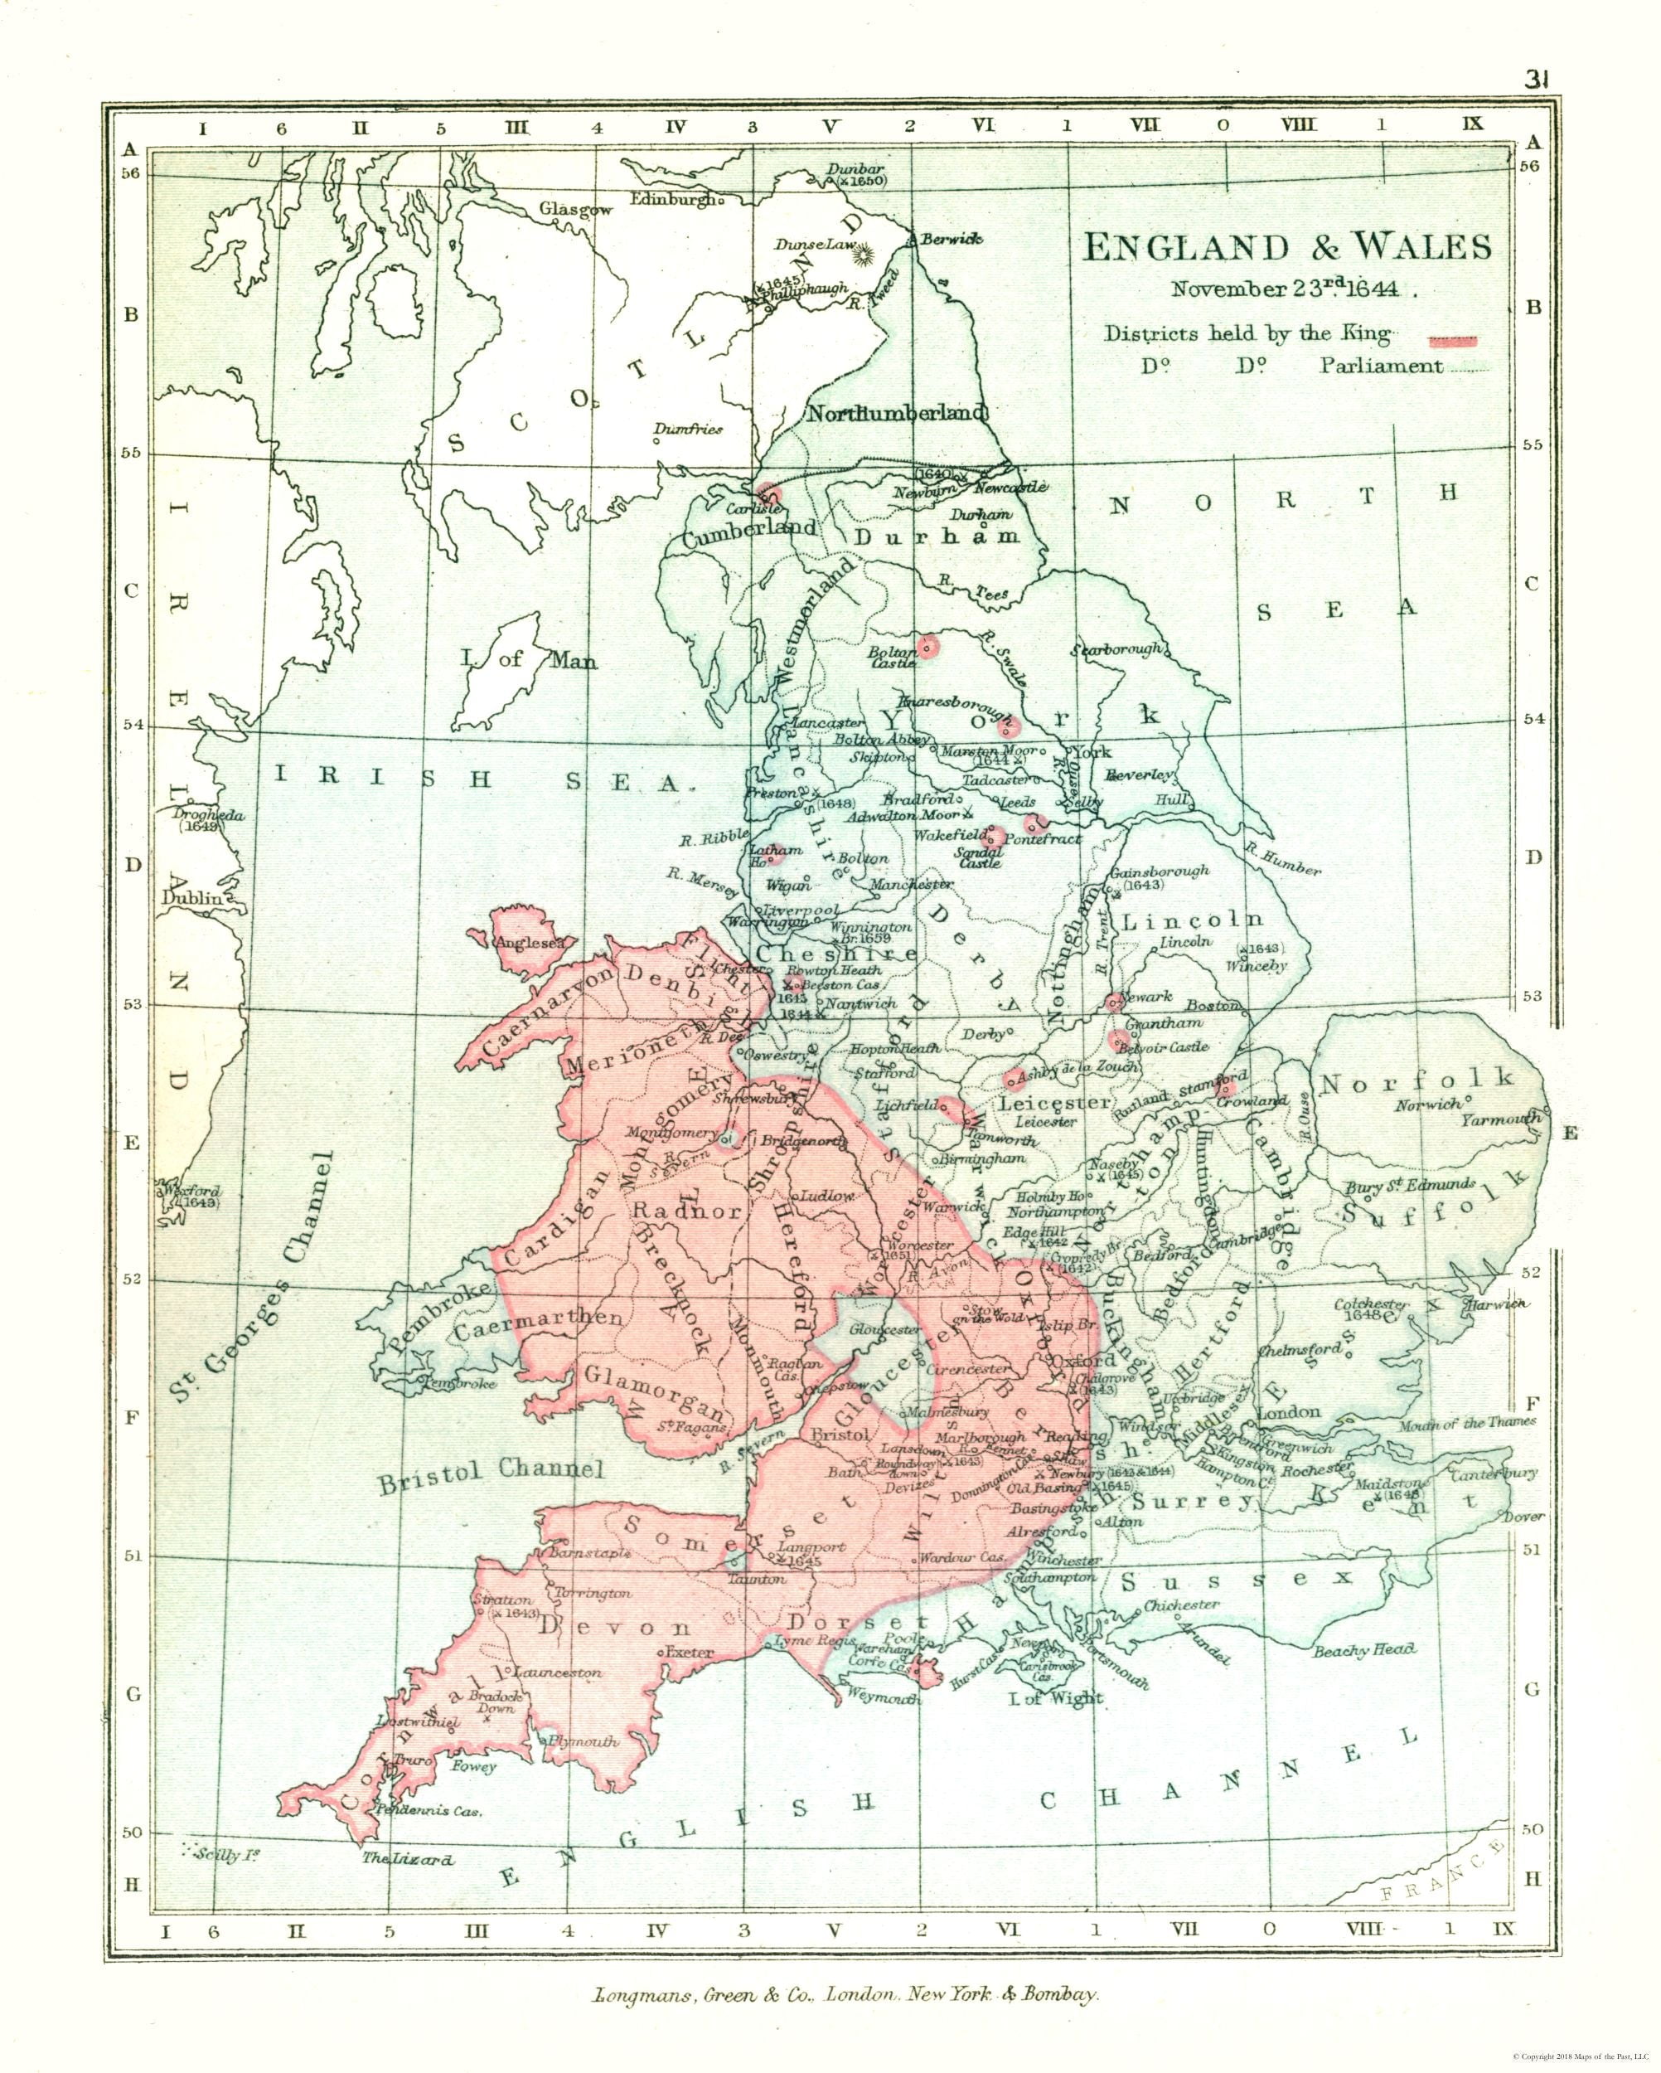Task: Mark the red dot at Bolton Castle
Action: pos(927,647)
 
